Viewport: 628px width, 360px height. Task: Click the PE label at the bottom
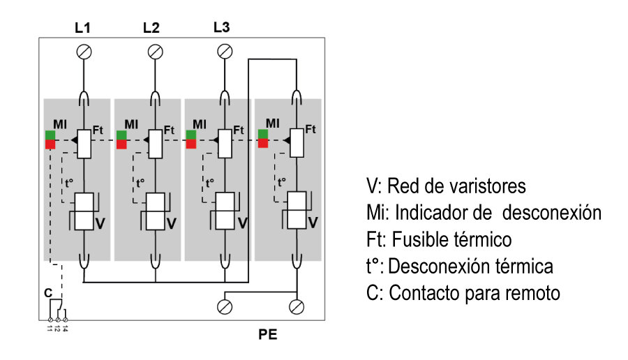(x=268, y=334)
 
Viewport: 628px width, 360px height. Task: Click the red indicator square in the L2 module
(x=121, y=144)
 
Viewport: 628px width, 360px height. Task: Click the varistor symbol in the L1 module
(x=84, y=211)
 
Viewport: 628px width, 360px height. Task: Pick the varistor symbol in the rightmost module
(x=297, y=210)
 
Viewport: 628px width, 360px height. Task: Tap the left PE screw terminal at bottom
(x=225, y=306)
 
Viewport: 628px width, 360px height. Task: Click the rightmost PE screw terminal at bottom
(x=297, y=306)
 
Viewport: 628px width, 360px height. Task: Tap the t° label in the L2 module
(x=140, y=183)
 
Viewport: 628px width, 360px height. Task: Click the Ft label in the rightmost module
(x=311, y=129)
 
